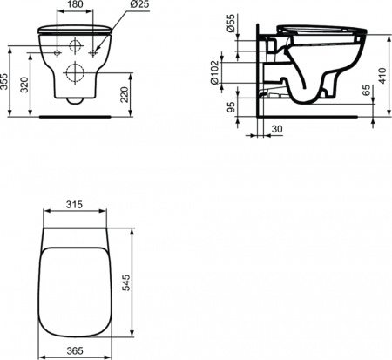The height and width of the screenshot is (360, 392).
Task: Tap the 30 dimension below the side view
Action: [x=276, y=130]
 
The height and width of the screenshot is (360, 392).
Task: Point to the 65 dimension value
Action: [x=368, y=89]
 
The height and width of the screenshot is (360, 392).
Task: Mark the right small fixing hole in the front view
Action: [x=94, y=54]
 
